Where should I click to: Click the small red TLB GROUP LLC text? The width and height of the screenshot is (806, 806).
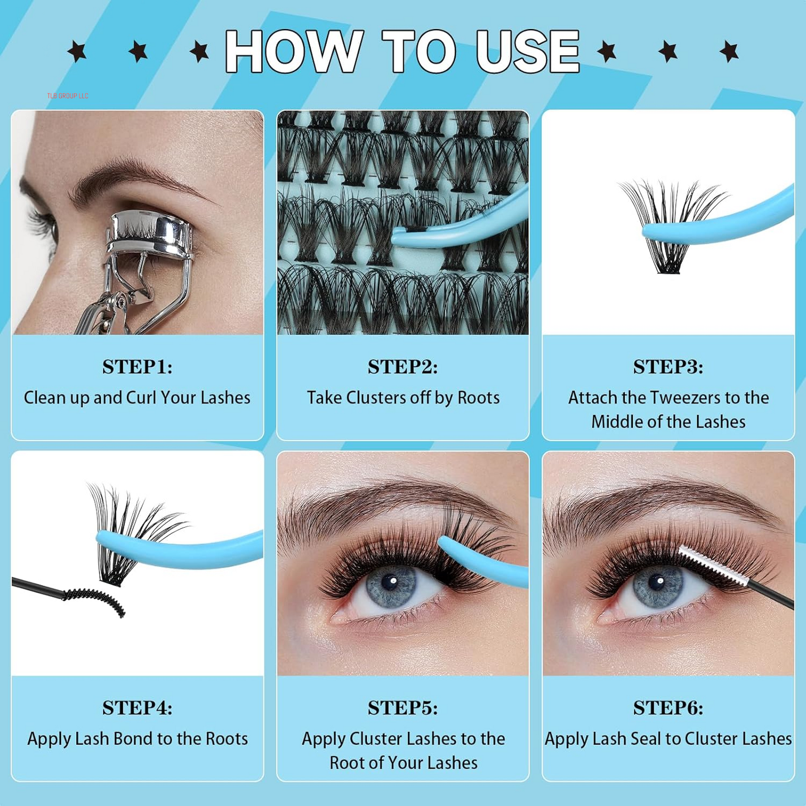pos(67,96)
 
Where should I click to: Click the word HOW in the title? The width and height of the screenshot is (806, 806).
pos(294,51)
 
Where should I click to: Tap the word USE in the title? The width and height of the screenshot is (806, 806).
pos(528,51)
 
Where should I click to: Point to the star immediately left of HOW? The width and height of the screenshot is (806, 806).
pos(199,52)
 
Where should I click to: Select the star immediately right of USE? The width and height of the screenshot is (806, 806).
pos(607,52)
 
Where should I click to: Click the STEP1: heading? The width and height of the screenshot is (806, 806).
pos(137,367)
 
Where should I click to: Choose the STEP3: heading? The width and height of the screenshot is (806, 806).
pos(668,367)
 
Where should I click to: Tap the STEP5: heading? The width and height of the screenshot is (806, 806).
pos(403,708)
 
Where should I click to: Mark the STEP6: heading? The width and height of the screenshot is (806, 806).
pos(668,708)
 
